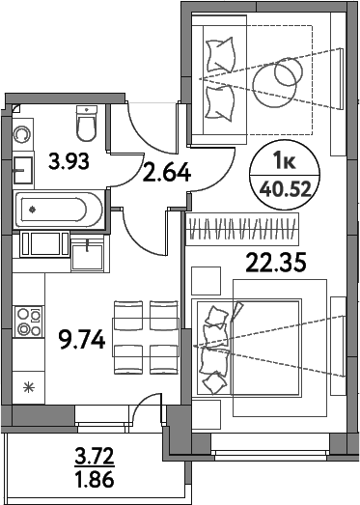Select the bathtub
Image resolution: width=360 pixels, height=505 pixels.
[x=56, y=207]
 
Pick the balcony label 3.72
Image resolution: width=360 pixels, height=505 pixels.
[x=95, y=452]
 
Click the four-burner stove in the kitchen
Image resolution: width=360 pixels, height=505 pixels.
[x=28, y=320]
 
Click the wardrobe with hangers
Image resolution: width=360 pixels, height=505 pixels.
[x=249, y=230]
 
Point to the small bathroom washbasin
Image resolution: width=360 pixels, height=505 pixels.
[x=22, y=171]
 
